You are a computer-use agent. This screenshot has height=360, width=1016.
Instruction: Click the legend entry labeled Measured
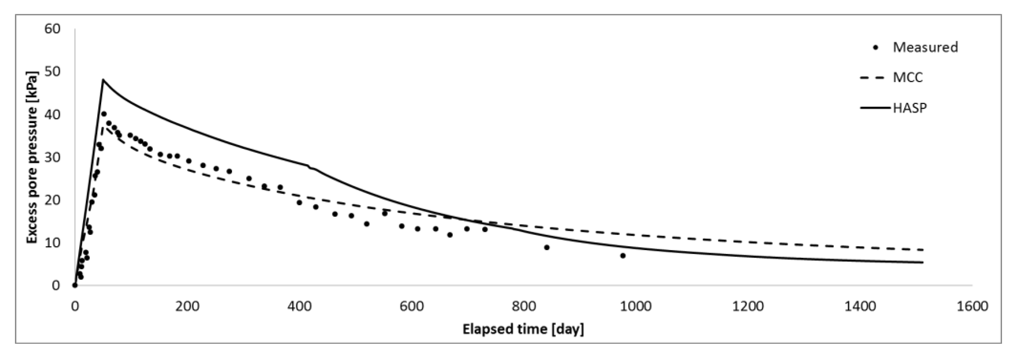coord(925,47)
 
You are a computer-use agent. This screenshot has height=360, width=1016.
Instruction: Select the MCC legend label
coord(907,77)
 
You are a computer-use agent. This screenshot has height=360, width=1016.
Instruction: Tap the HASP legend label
coord(909,107)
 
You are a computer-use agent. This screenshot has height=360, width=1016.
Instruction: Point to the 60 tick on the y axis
coord(53,29)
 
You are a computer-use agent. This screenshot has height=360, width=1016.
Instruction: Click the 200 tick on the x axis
coord(187,306)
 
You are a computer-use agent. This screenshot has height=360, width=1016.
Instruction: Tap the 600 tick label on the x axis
coord(411,306)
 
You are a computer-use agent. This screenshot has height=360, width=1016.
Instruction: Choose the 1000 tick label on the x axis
coord(636,306)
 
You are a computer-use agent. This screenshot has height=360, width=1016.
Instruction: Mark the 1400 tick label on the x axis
coord(860,306)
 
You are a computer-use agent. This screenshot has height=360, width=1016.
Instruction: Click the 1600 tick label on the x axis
coord(972,306)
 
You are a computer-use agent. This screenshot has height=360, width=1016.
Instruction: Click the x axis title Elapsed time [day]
coord(523,329)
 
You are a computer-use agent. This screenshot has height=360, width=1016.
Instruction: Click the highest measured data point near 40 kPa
coord(104,114)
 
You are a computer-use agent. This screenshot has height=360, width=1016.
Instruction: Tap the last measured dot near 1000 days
coord(623,255)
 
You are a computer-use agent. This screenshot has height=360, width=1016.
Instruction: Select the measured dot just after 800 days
coord(547,247)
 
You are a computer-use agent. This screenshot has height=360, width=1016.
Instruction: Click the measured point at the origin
coord(75,285)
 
